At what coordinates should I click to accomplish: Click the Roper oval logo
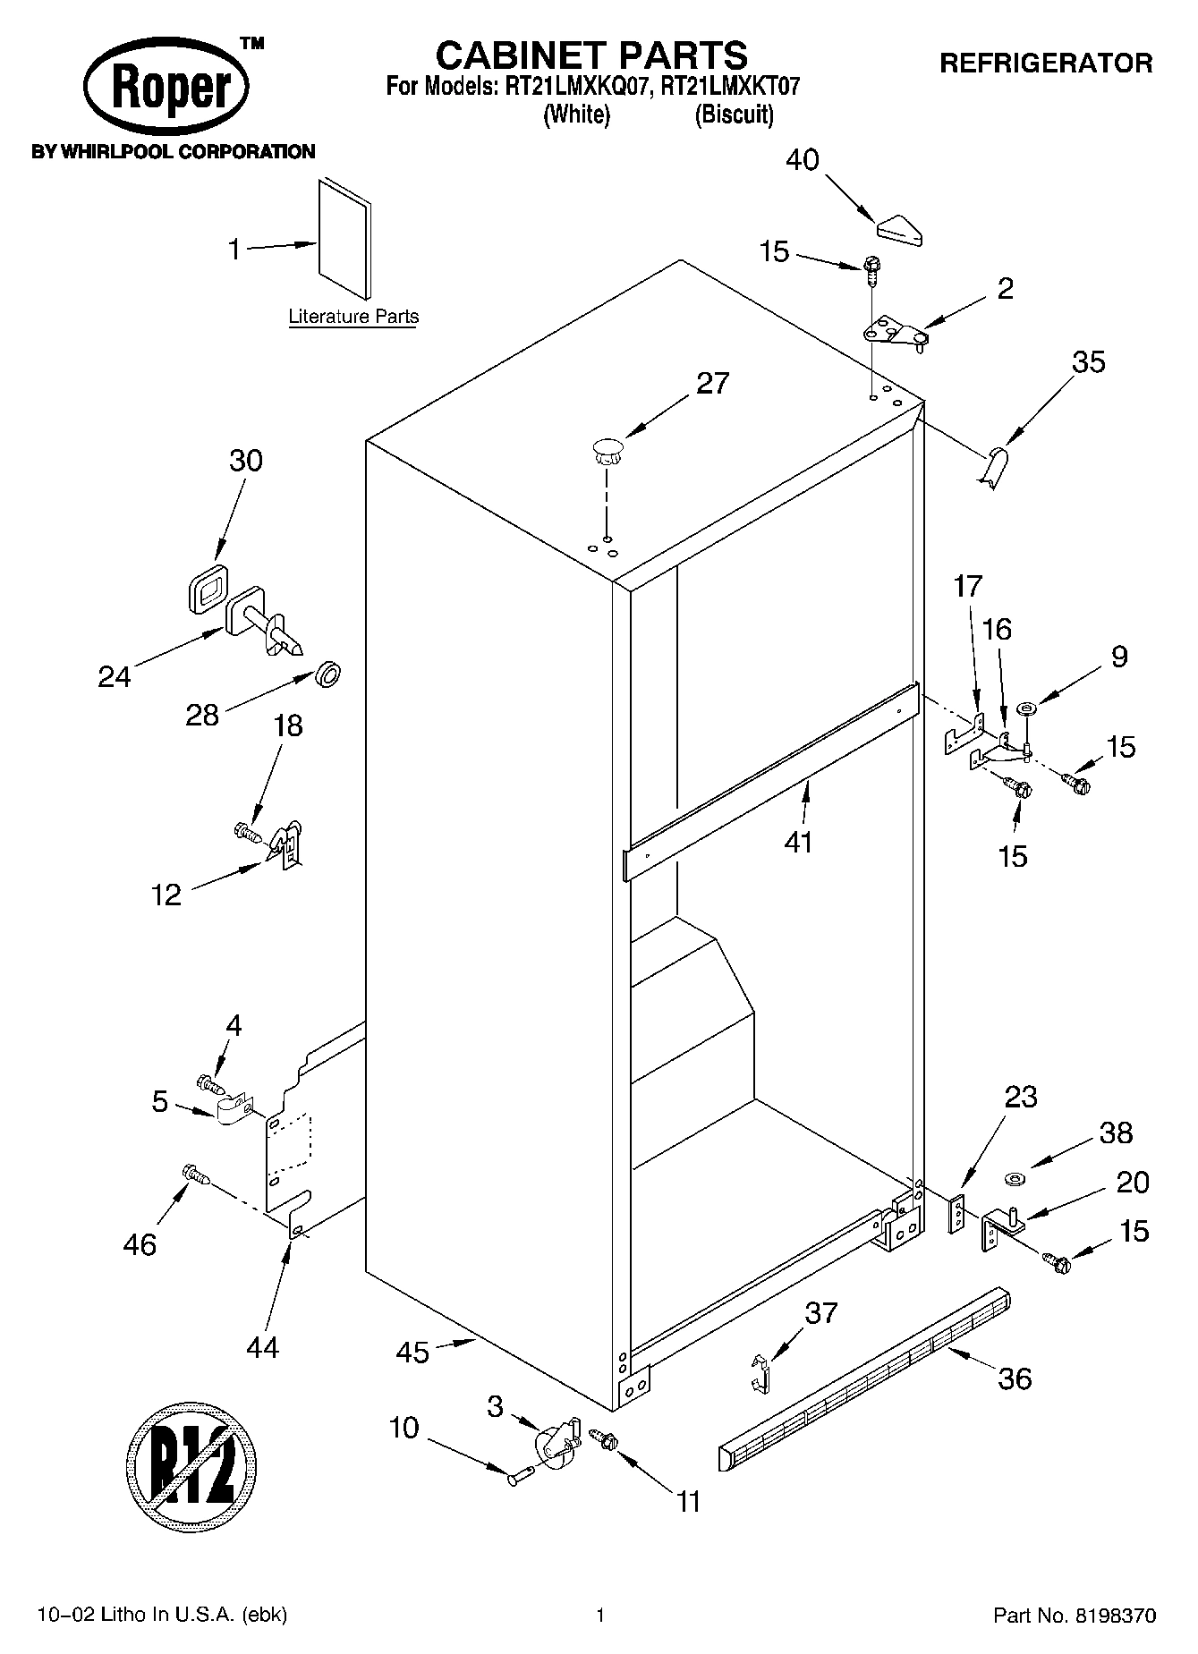166,89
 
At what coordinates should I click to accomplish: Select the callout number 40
802,160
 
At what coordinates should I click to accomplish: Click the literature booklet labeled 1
344,237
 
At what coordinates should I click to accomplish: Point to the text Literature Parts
353,317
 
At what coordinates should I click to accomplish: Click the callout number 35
1088,362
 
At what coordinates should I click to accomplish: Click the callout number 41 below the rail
798,842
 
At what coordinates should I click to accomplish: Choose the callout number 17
968,587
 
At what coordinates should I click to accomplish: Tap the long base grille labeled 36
863,1378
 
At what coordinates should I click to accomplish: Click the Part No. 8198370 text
1075,1616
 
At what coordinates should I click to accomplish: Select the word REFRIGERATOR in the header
1045,64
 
